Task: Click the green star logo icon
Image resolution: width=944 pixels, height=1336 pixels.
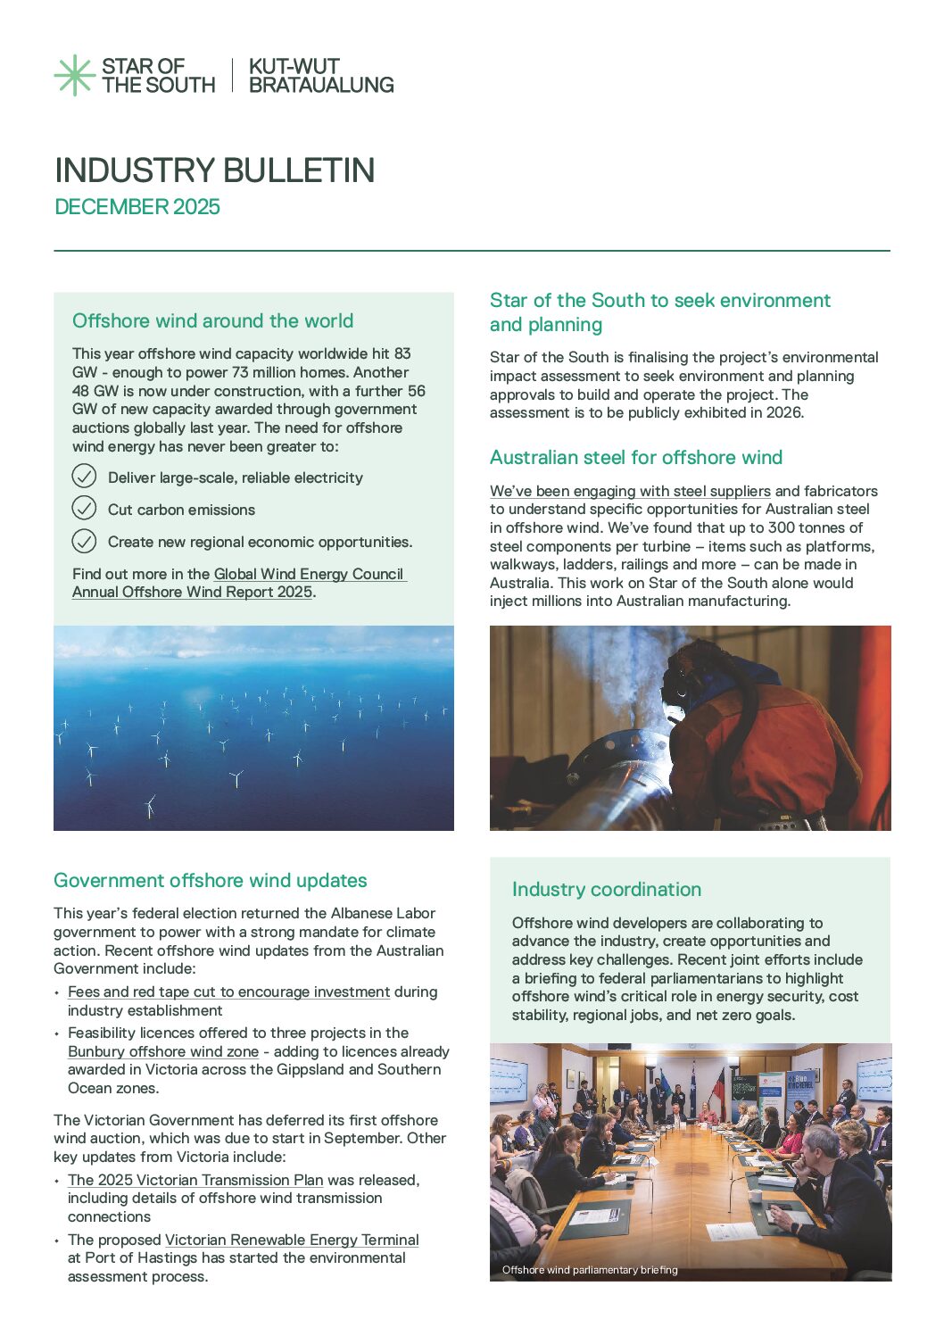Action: [74, 75]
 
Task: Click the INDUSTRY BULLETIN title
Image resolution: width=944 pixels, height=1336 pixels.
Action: [214, 170]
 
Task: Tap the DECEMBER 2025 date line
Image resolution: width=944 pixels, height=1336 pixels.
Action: [137, 207]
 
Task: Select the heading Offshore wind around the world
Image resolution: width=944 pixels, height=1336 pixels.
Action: [212, 321]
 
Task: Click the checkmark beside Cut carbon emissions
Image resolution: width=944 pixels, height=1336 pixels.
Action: [84, 509]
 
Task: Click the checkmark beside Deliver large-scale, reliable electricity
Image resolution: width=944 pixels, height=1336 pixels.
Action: [84, 477]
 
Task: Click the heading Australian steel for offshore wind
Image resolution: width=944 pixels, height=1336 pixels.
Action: [635, 458]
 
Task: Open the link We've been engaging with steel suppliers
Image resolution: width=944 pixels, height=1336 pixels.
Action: [630, 491]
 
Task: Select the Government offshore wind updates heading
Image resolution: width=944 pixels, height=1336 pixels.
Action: [211, 881]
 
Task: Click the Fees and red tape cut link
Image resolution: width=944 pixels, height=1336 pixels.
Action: [228, 992]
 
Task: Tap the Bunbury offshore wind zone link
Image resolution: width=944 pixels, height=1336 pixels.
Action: [163, 1051]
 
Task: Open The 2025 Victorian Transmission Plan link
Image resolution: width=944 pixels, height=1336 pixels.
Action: [195, 1180]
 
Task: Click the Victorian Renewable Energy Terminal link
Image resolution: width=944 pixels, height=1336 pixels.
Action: [292, 1240]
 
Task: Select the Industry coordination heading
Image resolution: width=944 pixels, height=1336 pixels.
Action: [607, 890]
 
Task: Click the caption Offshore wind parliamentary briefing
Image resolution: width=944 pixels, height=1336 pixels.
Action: [590, 1269]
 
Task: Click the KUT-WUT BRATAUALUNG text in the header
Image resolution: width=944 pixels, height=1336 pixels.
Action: [320, 76]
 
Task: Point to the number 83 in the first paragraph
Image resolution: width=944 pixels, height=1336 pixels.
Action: [402, 353]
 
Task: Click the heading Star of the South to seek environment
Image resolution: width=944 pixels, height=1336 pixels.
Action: [659, 301]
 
